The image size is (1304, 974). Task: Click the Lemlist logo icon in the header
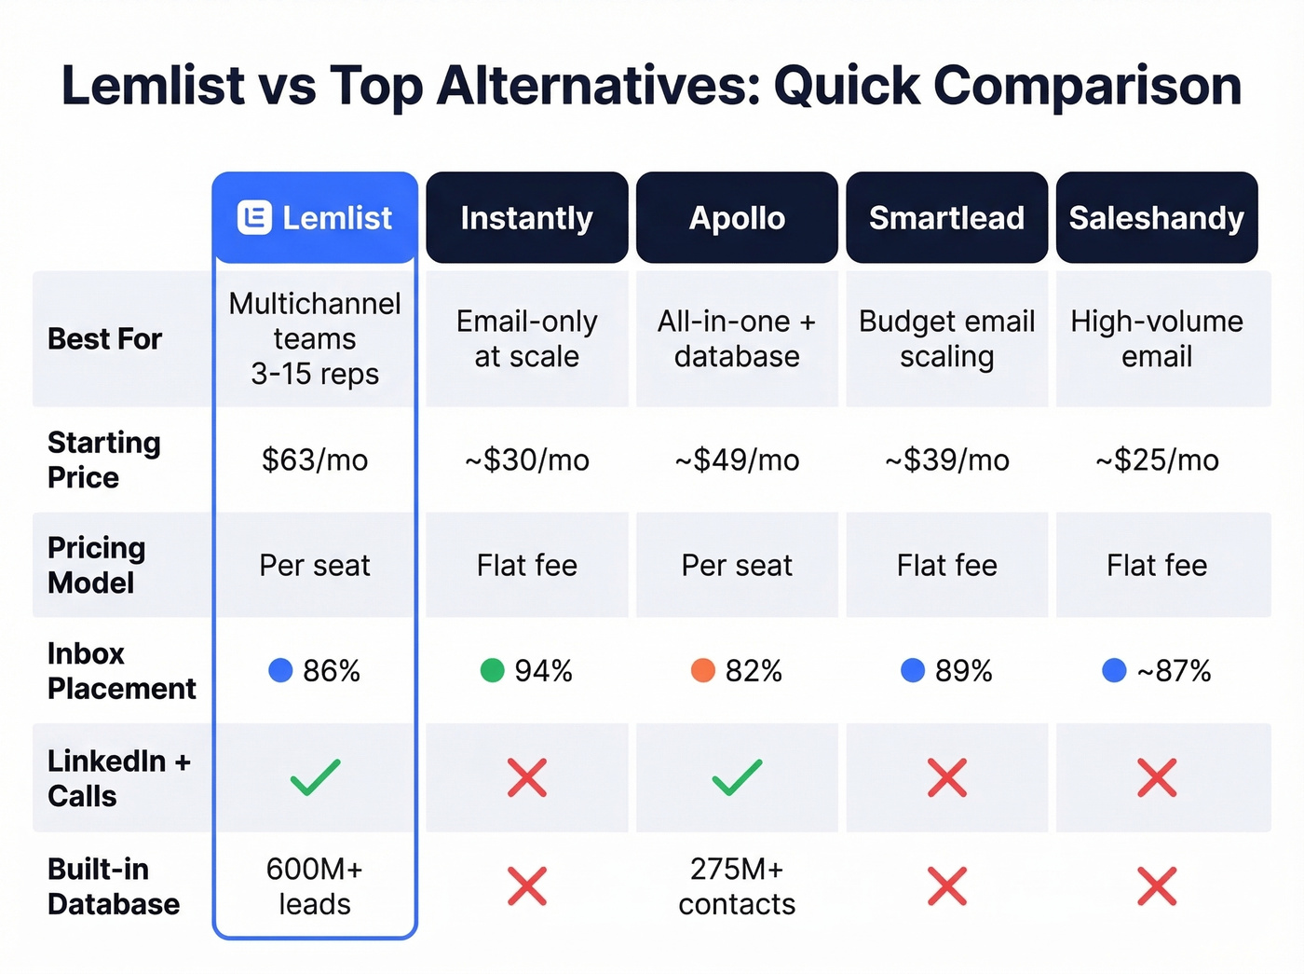tap(254, 218)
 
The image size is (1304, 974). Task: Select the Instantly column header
tap(526, 218)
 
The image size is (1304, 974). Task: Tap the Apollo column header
tap(737, 218)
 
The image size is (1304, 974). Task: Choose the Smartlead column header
tap(946, 218)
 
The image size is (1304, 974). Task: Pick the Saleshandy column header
tap(1156, 218)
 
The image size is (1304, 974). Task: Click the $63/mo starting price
tap(315, 460)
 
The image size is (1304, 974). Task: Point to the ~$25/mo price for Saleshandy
tap(1157, 460)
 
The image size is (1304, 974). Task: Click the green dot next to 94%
tap(492, 670)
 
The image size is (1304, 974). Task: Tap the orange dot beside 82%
tap(702, 670)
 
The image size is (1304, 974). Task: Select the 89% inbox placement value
tap(963, 671)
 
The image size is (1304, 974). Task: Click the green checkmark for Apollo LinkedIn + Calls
tap(737, 777)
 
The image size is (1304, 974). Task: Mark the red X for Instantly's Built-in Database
tap(527, 885)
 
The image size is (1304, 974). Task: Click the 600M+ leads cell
tap(315, 886)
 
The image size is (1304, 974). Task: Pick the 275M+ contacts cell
tap(737, 886)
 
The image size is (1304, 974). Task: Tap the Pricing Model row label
tap(97, 565)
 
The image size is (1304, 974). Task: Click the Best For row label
tap(104, 339)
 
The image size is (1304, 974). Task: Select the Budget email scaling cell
tap(946, 339)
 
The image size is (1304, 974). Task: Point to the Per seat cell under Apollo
tap(737, 565)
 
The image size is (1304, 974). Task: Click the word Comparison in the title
tap(1087, 86)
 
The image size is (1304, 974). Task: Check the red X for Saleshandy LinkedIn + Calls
tap(1157, 777)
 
